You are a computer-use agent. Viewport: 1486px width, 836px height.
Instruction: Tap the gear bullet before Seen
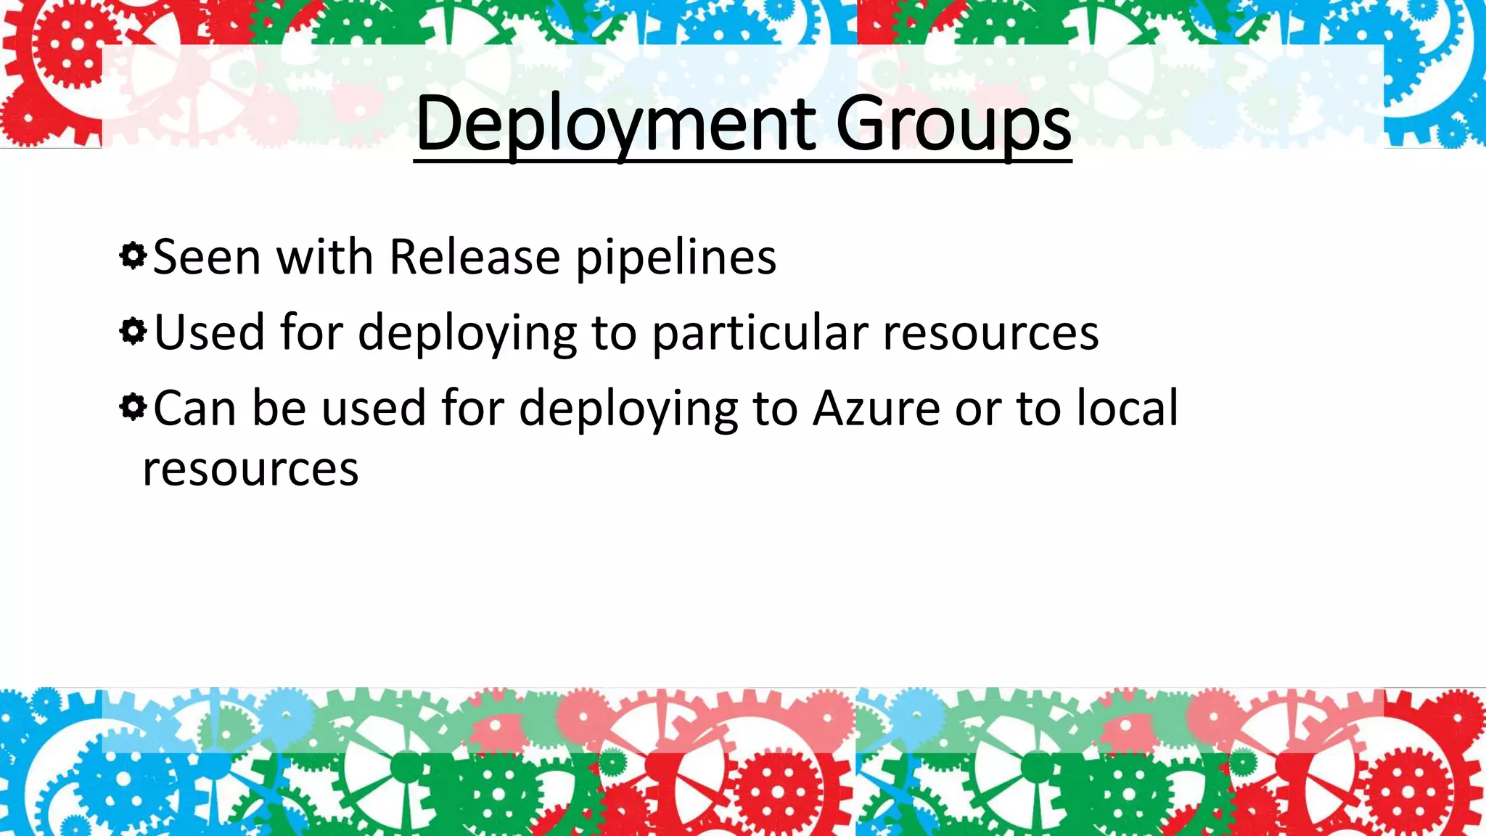pyautogui.click(x=133, y=256)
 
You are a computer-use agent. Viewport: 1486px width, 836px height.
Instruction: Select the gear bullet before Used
pyautogui.click(x=133, y=332)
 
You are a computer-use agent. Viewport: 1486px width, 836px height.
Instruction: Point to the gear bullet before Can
pyautogui.click(x=133, y=407)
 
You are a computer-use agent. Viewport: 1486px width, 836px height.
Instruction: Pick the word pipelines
pyautogui.click(x=676, y=258)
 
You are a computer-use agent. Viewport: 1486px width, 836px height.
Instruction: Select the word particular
pyautogui.click(x=760, y=333)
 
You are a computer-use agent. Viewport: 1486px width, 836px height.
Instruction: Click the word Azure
pyautogui.click(x=877, y=408)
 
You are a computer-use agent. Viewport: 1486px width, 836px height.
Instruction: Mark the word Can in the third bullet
pyautogui.click(x=194, y=408)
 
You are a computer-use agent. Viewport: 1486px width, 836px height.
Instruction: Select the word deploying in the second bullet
pyautogui.click(x=467, y=333)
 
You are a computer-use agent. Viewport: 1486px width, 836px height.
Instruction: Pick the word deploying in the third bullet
pyautogui.click(x=628, y=409)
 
